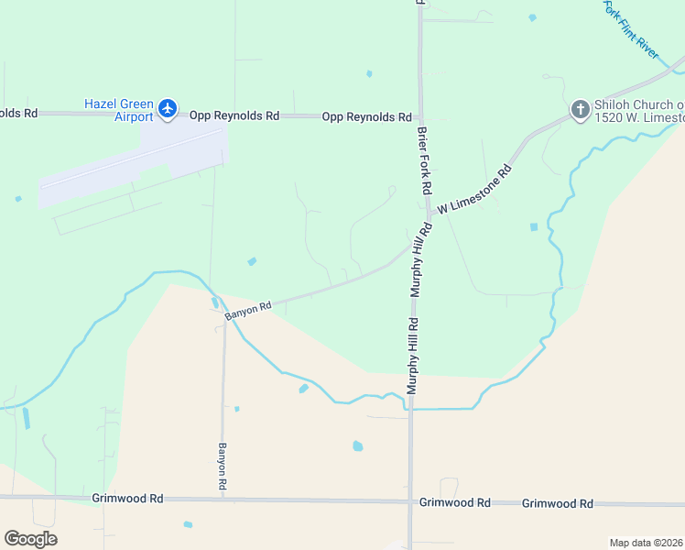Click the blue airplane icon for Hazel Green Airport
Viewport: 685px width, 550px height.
click(167, 109)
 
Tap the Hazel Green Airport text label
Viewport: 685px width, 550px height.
click(119, 110)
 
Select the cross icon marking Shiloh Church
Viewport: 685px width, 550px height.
click(580, 110)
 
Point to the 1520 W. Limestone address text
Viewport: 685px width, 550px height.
click(639, 117)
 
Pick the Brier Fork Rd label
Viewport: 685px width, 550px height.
click(424, 159)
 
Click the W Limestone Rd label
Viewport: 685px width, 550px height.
click(473, 190)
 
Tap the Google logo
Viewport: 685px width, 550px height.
click(30, 539)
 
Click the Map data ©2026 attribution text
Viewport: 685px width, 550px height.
click(646, 543)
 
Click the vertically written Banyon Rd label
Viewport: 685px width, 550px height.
click(222, 465)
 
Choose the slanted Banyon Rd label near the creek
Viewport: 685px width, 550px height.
click(248, 311)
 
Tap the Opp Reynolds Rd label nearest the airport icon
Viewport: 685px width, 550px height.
click(234, 115)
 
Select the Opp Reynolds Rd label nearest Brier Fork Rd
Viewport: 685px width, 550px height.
click(366, 117)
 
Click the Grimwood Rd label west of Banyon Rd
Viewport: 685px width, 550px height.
click(127, 499)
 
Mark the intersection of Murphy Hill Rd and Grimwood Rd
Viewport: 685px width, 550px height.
click(409, 501)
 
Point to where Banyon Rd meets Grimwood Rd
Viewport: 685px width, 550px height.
click(223, 500)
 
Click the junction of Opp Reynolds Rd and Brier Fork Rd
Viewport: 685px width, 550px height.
click(420, 117)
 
